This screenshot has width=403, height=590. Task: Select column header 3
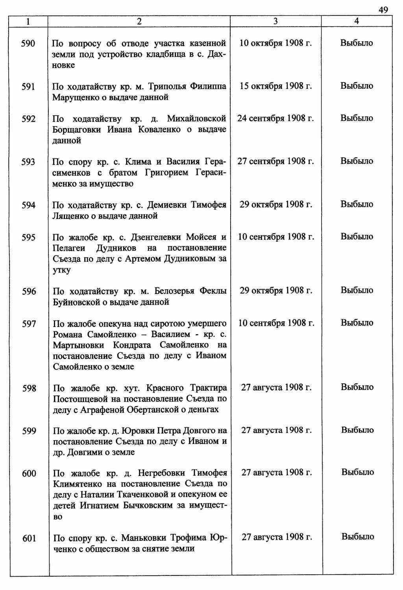point(275,22)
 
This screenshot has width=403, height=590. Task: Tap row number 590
point(28,43)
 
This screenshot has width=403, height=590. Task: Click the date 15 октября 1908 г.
point(275,86)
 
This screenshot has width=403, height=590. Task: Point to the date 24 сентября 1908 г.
point(275,118)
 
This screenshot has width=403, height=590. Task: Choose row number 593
point(28,162)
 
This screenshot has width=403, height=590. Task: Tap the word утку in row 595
point(62,270)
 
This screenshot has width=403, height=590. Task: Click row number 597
point(28,323)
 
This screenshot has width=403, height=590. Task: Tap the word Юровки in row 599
point(136,431)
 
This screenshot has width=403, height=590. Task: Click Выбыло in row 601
point(357,537)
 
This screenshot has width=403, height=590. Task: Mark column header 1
point(28,22)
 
